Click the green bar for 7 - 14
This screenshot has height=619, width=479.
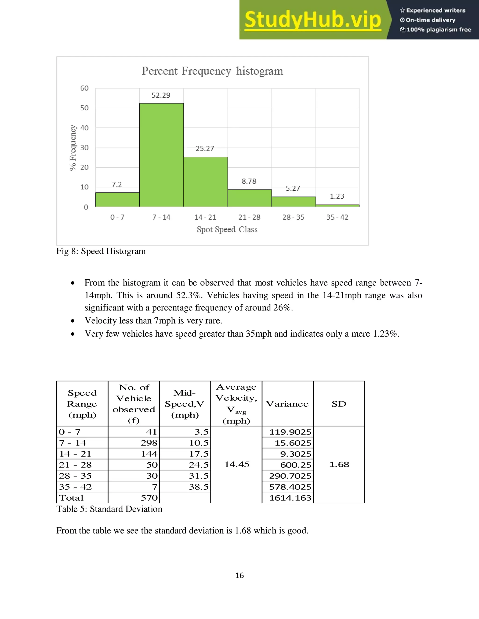(161, 155)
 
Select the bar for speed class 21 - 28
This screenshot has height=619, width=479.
(249, 198)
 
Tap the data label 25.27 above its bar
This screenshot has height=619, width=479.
(205, 149)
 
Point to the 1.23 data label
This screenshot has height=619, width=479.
(337, 196)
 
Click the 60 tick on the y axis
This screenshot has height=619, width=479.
(84, 88)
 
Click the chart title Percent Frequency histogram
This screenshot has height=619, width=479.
(212, 71)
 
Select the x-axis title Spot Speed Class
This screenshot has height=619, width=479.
(227, 229)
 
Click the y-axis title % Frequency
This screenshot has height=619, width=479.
(73, 148)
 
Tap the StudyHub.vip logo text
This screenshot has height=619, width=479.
(312, 20)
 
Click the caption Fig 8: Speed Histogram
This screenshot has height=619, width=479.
(101, 251)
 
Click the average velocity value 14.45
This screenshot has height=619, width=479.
(237, 464)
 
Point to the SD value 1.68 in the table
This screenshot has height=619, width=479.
(339, 464)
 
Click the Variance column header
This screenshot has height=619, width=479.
(287, 404)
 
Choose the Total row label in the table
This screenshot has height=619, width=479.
(71, 498)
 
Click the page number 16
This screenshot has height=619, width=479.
(239, 575)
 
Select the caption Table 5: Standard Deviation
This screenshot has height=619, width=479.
(109, 509)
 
